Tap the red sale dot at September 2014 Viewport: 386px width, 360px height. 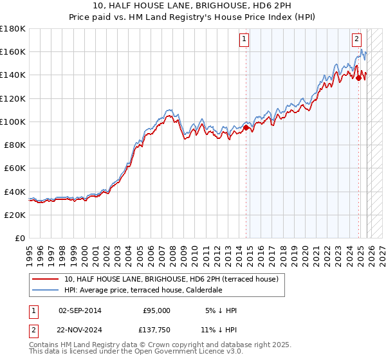pyautogui.click(x=246, y=128)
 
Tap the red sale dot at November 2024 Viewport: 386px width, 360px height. pyautogui.click(x=359, y=78)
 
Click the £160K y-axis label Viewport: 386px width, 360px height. pyautogui.click(x=12, y=52)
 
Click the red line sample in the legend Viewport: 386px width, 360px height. pyautogui.click(x=46, y=279)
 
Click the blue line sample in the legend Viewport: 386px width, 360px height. pyautogui.click(x=46, y=290)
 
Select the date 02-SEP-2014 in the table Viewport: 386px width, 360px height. pyautogui.click(x=80, y=310)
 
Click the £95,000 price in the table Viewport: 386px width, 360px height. pyautogui.click(x=156, y=310)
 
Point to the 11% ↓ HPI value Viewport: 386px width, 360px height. pyautogui.click(x=218, y=331)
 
